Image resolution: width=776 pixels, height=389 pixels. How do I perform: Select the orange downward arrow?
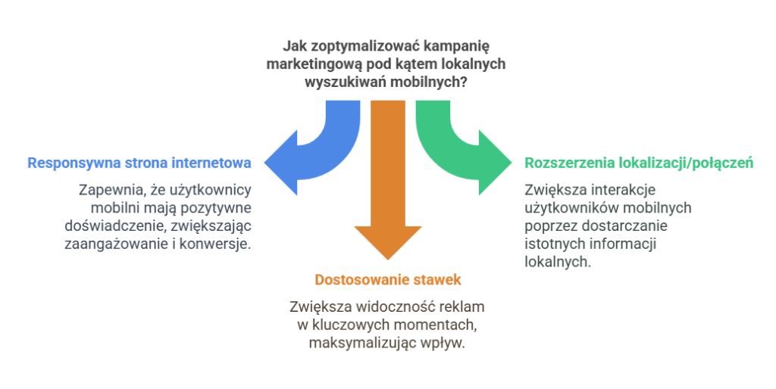[388, 189]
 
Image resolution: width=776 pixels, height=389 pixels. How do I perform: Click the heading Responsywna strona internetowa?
[139, 163]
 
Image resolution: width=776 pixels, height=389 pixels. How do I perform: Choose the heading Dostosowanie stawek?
[388, 280]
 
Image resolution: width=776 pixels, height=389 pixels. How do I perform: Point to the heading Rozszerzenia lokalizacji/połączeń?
[639, 163]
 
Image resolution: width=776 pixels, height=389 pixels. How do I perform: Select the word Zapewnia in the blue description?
[105, 191]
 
